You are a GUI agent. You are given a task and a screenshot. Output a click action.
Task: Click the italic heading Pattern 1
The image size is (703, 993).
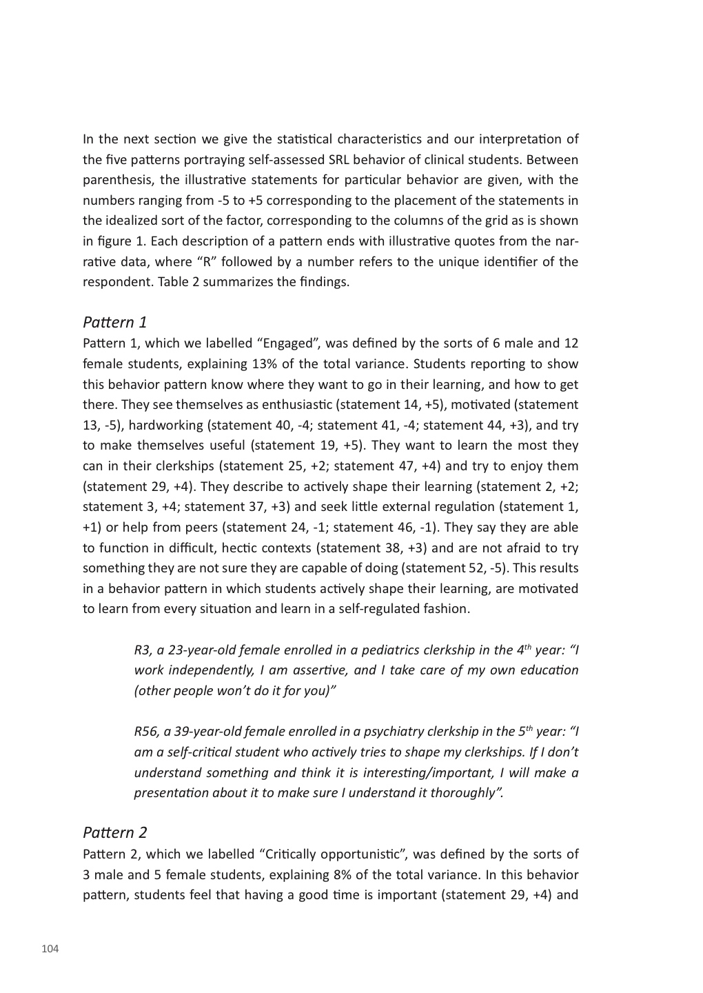point(114,322)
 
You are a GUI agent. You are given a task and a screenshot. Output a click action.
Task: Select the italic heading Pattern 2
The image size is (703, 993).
point(114,832)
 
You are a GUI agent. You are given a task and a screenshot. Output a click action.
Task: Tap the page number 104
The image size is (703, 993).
point(50,950)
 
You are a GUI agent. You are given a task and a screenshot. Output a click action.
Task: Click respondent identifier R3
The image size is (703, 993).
point(142,650)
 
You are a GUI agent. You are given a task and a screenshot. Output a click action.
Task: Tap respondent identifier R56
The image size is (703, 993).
point(145,732)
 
